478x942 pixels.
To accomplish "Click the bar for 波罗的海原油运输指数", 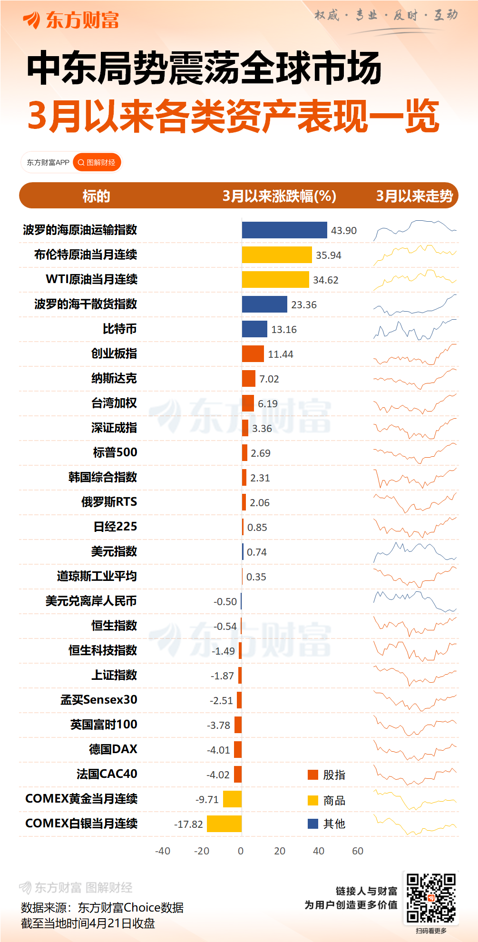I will click(x=284, y=230).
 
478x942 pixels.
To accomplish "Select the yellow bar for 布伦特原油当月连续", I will click(x=277, y=255).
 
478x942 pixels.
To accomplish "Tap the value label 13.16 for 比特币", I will click(x=284, y=330).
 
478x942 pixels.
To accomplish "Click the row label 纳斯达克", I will click(x=114, y=379).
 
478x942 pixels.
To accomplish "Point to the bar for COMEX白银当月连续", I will click(x=224, y=824).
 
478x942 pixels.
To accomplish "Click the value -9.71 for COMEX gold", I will click(x=207, y=800).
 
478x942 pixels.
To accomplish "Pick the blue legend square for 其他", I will click(x=313, y=824).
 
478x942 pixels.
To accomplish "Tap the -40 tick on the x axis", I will click(x=163, y=851).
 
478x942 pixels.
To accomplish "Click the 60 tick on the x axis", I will click(x=358, y=851).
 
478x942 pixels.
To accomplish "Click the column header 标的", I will click(x=96, y=196).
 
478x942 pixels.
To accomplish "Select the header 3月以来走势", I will click(x=414, y=196).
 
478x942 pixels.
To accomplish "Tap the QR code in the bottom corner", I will click(x=431, y=898).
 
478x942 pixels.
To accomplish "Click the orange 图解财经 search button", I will click(x=97, y=163).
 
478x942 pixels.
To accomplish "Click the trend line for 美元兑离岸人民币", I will click(x=415, y=601).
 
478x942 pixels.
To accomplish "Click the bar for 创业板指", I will click(x=253, y=354).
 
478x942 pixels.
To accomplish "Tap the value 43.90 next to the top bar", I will click(x=344, y=231).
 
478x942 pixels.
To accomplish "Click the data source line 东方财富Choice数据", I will click(x=102, y=908).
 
